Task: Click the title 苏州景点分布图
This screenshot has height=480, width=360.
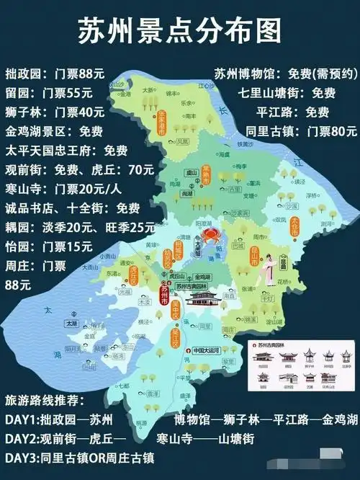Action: click(179, 31)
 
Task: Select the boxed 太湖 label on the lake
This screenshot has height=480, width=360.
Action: click(71, 324)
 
